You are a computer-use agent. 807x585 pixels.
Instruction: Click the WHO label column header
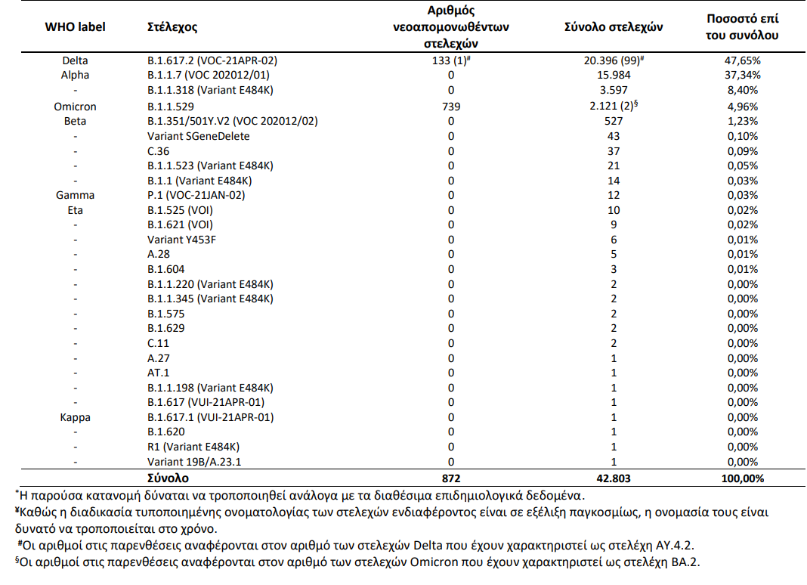pos(75,26)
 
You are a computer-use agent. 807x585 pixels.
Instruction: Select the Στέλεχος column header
pos(172,26)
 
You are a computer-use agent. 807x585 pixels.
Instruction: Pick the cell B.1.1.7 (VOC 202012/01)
pos(209,75)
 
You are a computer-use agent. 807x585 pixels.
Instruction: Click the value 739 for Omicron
pos(451,107)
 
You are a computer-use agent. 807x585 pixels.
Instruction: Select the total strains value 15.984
pos(614,75)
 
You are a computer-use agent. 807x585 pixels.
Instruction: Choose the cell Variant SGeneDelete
pos(198,136)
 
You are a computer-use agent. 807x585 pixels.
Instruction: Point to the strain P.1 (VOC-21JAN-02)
pos(196,195)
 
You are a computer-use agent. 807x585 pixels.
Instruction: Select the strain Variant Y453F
pos(187,240)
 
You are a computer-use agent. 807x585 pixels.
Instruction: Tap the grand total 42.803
pos(614,478)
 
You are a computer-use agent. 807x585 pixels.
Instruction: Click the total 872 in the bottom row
pos(451,478)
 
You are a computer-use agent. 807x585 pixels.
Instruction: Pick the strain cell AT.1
pos(159,373)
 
